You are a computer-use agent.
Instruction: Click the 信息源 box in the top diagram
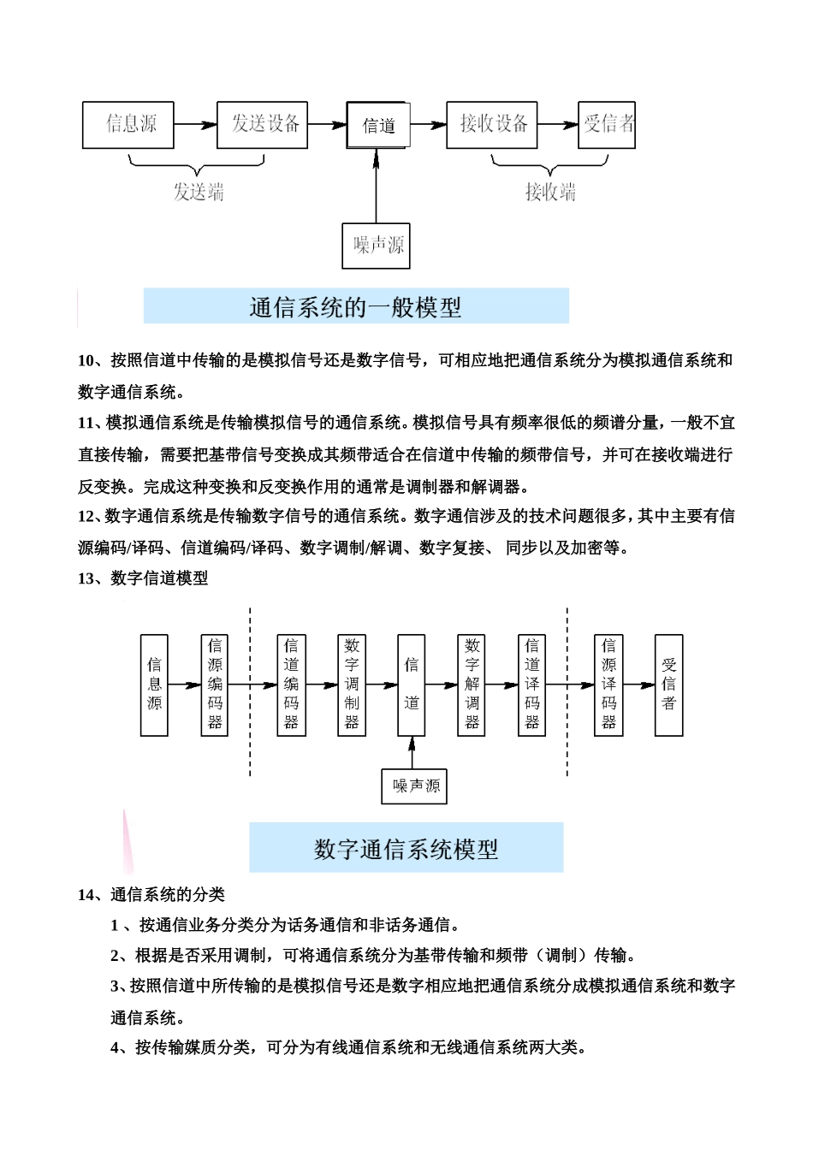(x=128, y=125)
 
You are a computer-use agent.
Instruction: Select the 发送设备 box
(x=262, y=125)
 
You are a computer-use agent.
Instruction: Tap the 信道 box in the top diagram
(x=378, y=126)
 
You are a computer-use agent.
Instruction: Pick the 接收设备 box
(x=491, y=125)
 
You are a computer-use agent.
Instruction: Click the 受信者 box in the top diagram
(x=607, y=125)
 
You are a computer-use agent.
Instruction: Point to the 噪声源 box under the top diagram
(x=376, y=246)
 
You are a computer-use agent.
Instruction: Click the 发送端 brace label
(x=199, y=192)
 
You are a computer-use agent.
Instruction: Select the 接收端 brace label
(x=549, y=192)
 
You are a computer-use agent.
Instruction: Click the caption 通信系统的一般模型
(x=356, y=306)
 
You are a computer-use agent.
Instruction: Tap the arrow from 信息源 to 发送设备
(x=195, y=125)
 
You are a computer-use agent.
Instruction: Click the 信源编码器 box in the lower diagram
(x=214, y=685)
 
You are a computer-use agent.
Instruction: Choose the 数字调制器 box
(x=352, y=685)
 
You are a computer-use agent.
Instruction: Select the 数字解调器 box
(x=472, y=685)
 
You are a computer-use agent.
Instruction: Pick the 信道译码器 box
(x=531, y=685)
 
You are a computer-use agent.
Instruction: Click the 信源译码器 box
(x=608, y=685)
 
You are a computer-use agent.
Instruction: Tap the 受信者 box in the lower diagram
(x=668, y=685)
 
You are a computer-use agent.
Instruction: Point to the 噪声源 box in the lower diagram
(x=414, y=785)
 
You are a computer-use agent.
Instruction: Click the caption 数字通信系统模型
(x=406, y=848)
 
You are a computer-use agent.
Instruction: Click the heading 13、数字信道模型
(x=143, y=578)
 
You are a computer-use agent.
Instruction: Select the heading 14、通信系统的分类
(x=151, y=894)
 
